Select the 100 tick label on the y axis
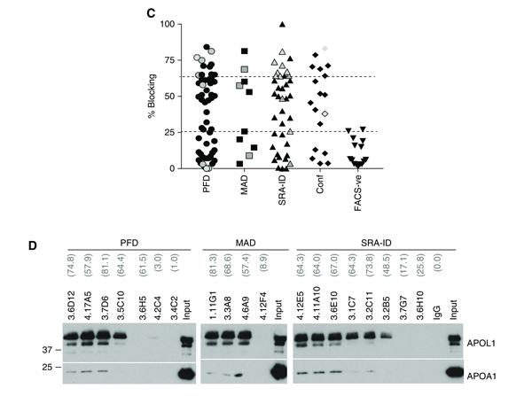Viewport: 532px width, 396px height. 165,23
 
